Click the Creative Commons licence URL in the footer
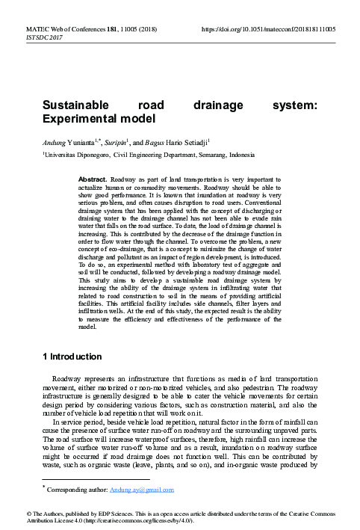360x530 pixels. point(122,520)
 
